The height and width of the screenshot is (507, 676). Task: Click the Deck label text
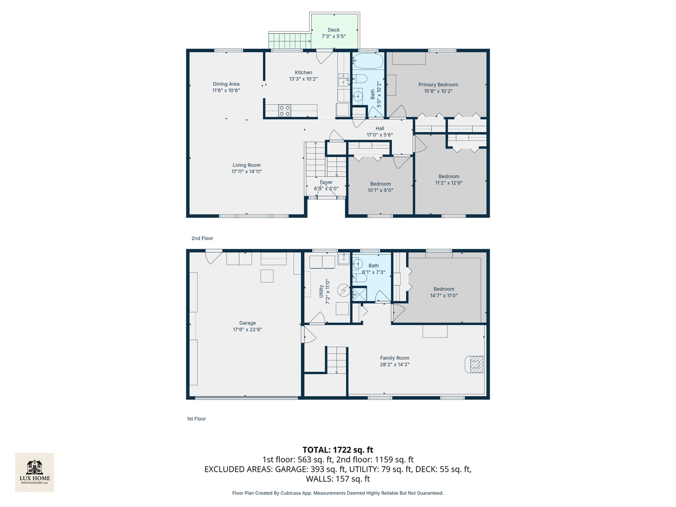coord(334,30)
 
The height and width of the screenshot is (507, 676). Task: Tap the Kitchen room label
coord(303,73)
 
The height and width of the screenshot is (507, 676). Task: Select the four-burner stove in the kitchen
coord(284,111)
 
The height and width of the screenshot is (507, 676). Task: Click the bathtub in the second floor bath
coord(368,61)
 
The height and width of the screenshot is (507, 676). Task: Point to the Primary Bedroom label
coord(438,85)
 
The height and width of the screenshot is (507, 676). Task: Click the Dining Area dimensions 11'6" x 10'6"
coord(226,91)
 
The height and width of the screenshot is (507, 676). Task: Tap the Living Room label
coord(246,165)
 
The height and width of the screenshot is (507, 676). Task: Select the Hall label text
coord(380,129)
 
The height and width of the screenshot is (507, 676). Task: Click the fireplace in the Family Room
coord(476,364)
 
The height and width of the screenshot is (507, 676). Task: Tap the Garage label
coord(247,323)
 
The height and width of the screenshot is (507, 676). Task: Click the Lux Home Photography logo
coord(35,472)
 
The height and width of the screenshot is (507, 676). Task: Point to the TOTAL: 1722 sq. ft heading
coord(338,450)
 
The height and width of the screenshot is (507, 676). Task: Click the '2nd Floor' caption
coord(202,238)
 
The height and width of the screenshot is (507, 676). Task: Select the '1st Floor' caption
coord(196,419)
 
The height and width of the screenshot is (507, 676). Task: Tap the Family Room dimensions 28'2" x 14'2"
coord(394,364)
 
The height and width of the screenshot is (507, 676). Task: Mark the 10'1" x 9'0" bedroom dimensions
coord(380,191)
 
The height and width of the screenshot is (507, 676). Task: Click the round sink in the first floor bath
coord(358,263)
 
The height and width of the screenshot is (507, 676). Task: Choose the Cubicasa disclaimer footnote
coord(338,493)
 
